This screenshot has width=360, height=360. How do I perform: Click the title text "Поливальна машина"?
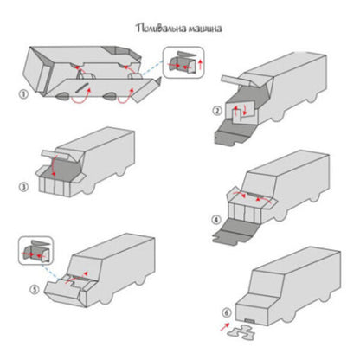(179, 29)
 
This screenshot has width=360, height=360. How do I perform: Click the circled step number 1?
(23, 94)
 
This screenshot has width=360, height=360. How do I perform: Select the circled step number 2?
(217, 111)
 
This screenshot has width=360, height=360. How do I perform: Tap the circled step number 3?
(23, 187)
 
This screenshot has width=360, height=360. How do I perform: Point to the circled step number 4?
(216, 220)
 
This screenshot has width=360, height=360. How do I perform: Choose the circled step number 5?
(35, 289)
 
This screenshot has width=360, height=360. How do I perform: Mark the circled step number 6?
(227, 312)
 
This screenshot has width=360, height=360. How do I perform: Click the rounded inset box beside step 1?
(183, 62)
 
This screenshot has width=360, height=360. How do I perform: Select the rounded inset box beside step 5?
(35, 250)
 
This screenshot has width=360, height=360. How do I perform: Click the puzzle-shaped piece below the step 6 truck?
(241, 332)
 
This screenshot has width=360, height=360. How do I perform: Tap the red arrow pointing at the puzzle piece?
(224, 327)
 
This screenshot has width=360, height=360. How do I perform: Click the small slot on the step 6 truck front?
(249, 321)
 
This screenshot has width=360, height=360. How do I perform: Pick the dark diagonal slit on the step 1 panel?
(82, 87)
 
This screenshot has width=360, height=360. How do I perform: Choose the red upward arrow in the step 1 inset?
(201, 65)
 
